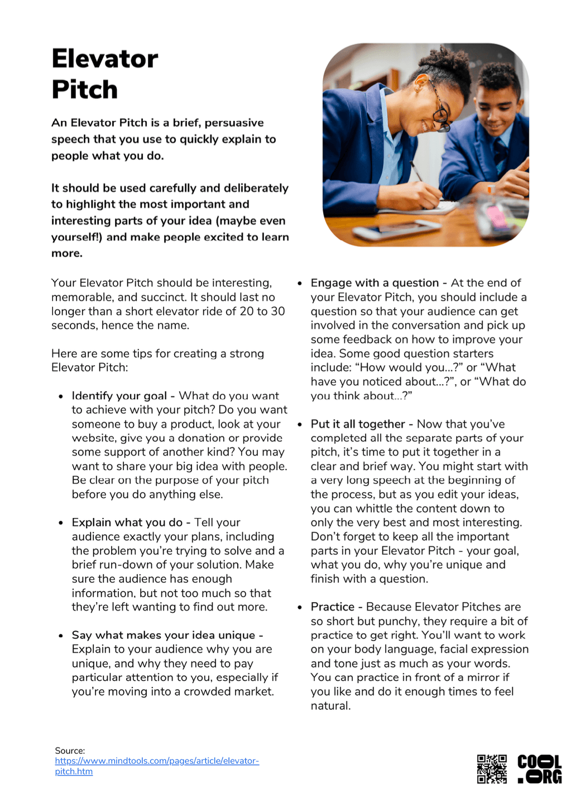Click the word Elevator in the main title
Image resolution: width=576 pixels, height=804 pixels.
point(105,59)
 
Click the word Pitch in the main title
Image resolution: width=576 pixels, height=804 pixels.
point(85,90)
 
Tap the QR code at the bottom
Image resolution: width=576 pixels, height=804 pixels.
point(492,769)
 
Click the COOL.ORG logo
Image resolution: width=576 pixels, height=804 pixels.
point(539,769)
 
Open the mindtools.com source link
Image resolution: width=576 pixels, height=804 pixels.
point(157,761)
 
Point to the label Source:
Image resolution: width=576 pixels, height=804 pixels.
point(70,750)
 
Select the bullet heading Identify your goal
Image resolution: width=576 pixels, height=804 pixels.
point(119,396)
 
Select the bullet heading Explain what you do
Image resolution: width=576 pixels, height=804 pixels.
point(127,522)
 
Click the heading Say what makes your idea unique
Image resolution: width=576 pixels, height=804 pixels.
point(164,635)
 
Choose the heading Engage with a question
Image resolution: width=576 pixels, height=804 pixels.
point(375,283)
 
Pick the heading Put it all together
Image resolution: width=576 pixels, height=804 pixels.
point(358,424)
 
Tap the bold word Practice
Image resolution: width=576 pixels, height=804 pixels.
point(333,607)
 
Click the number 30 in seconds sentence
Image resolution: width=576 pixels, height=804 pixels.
point(278,311)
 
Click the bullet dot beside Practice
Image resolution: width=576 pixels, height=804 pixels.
point(300,607)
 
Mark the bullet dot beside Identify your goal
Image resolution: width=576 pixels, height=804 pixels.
point(61,396)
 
